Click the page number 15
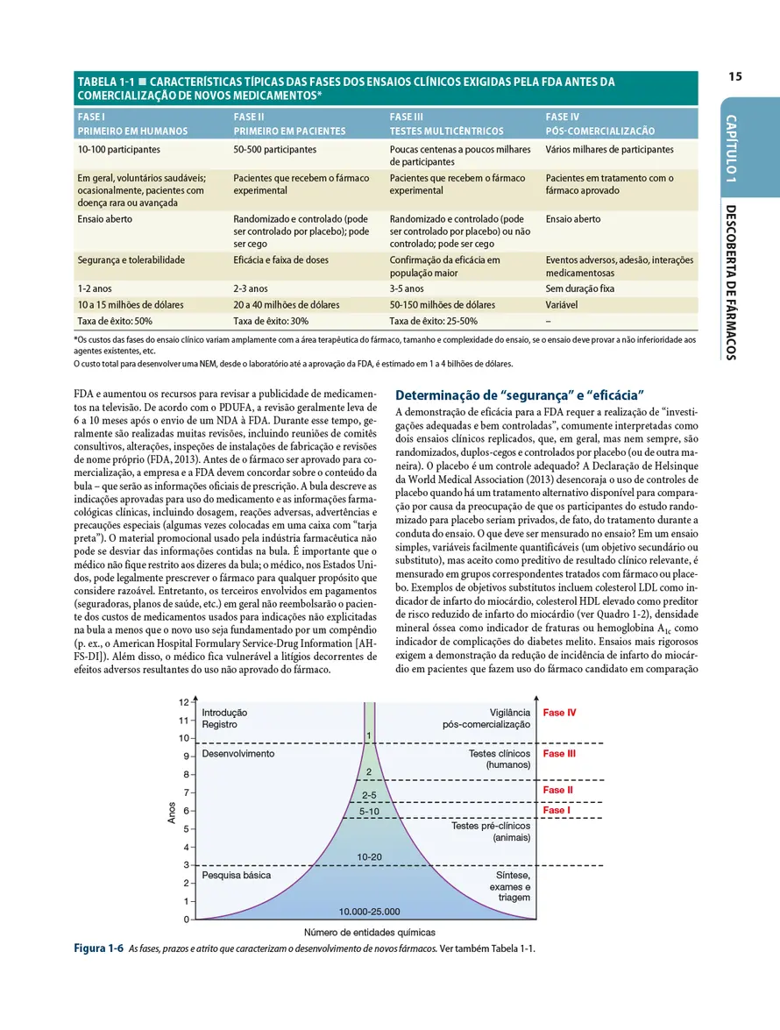tap(734, 77)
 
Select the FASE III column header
tap(407, 116)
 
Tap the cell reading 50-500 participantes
tap(275, 150)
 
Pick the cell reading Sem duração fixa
tap(579, 288)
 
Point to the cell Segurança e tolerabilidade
tap(131, 259)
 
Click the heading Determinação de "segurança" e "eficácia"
tap(521, 394)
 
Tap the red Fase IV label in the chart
tap(559, 713)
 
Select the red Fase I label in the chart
tap(556, 811)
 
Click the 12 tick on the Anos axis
tap(184, 702)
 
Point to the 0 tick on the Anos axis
tap(187, 920)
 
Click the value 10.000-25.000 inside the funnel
tap(369, 911)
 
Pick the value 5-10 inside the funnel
tap(369, 812)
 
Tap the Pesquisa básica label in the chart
tap(236, 875)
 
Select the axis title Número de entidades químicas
tap(369, 933)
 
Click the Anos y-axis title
tap(172, 811)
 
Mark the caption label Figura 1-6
tap(97, 949)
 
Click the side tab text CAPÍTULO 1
tap(731, 148)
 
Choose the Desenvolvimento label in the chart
tap(238, 754)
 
